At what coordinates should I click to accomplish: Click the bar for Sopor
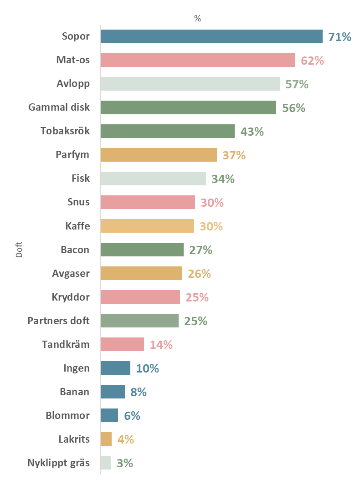pos(211,36)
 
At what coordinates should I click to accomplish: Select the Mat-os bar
pos(198,60)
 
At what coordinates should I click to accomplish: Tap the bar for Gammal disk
pos(188,107)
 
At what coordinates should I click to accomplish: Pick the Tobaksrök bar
pos(167,131)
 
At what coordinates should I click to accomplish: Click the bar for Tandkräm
pos(122,344)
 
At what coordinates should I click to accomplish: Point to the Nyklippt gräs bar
pos(106,463)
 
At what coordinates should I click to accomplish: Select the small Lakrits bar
pos(106,439)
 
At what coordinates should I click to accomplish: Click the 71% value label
pos(340,37)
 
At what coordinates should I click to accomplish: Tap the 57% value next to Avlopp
pos(297,84)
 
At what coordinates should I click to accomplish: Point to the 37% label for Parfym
pos(234,155)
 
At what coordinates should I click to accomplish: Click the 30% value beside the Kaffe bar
pos(211,226)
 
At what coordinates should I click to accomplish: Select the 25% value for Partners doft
pos(196,321)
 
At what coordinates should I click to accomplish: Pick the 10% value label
pos(148,368)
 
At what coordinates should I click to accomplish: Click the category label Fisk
pos(81,179)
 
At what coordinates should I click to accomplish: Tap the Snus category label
pos(78,202)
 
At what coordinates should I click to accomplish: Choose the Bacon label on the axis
pos(75,250)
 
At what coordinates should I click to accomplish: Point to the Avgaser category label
pos(71,273)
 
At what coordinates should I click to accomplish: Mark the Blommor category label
pos(68,415)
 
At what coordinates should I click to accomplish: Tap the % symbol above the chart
pos(197,19)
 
